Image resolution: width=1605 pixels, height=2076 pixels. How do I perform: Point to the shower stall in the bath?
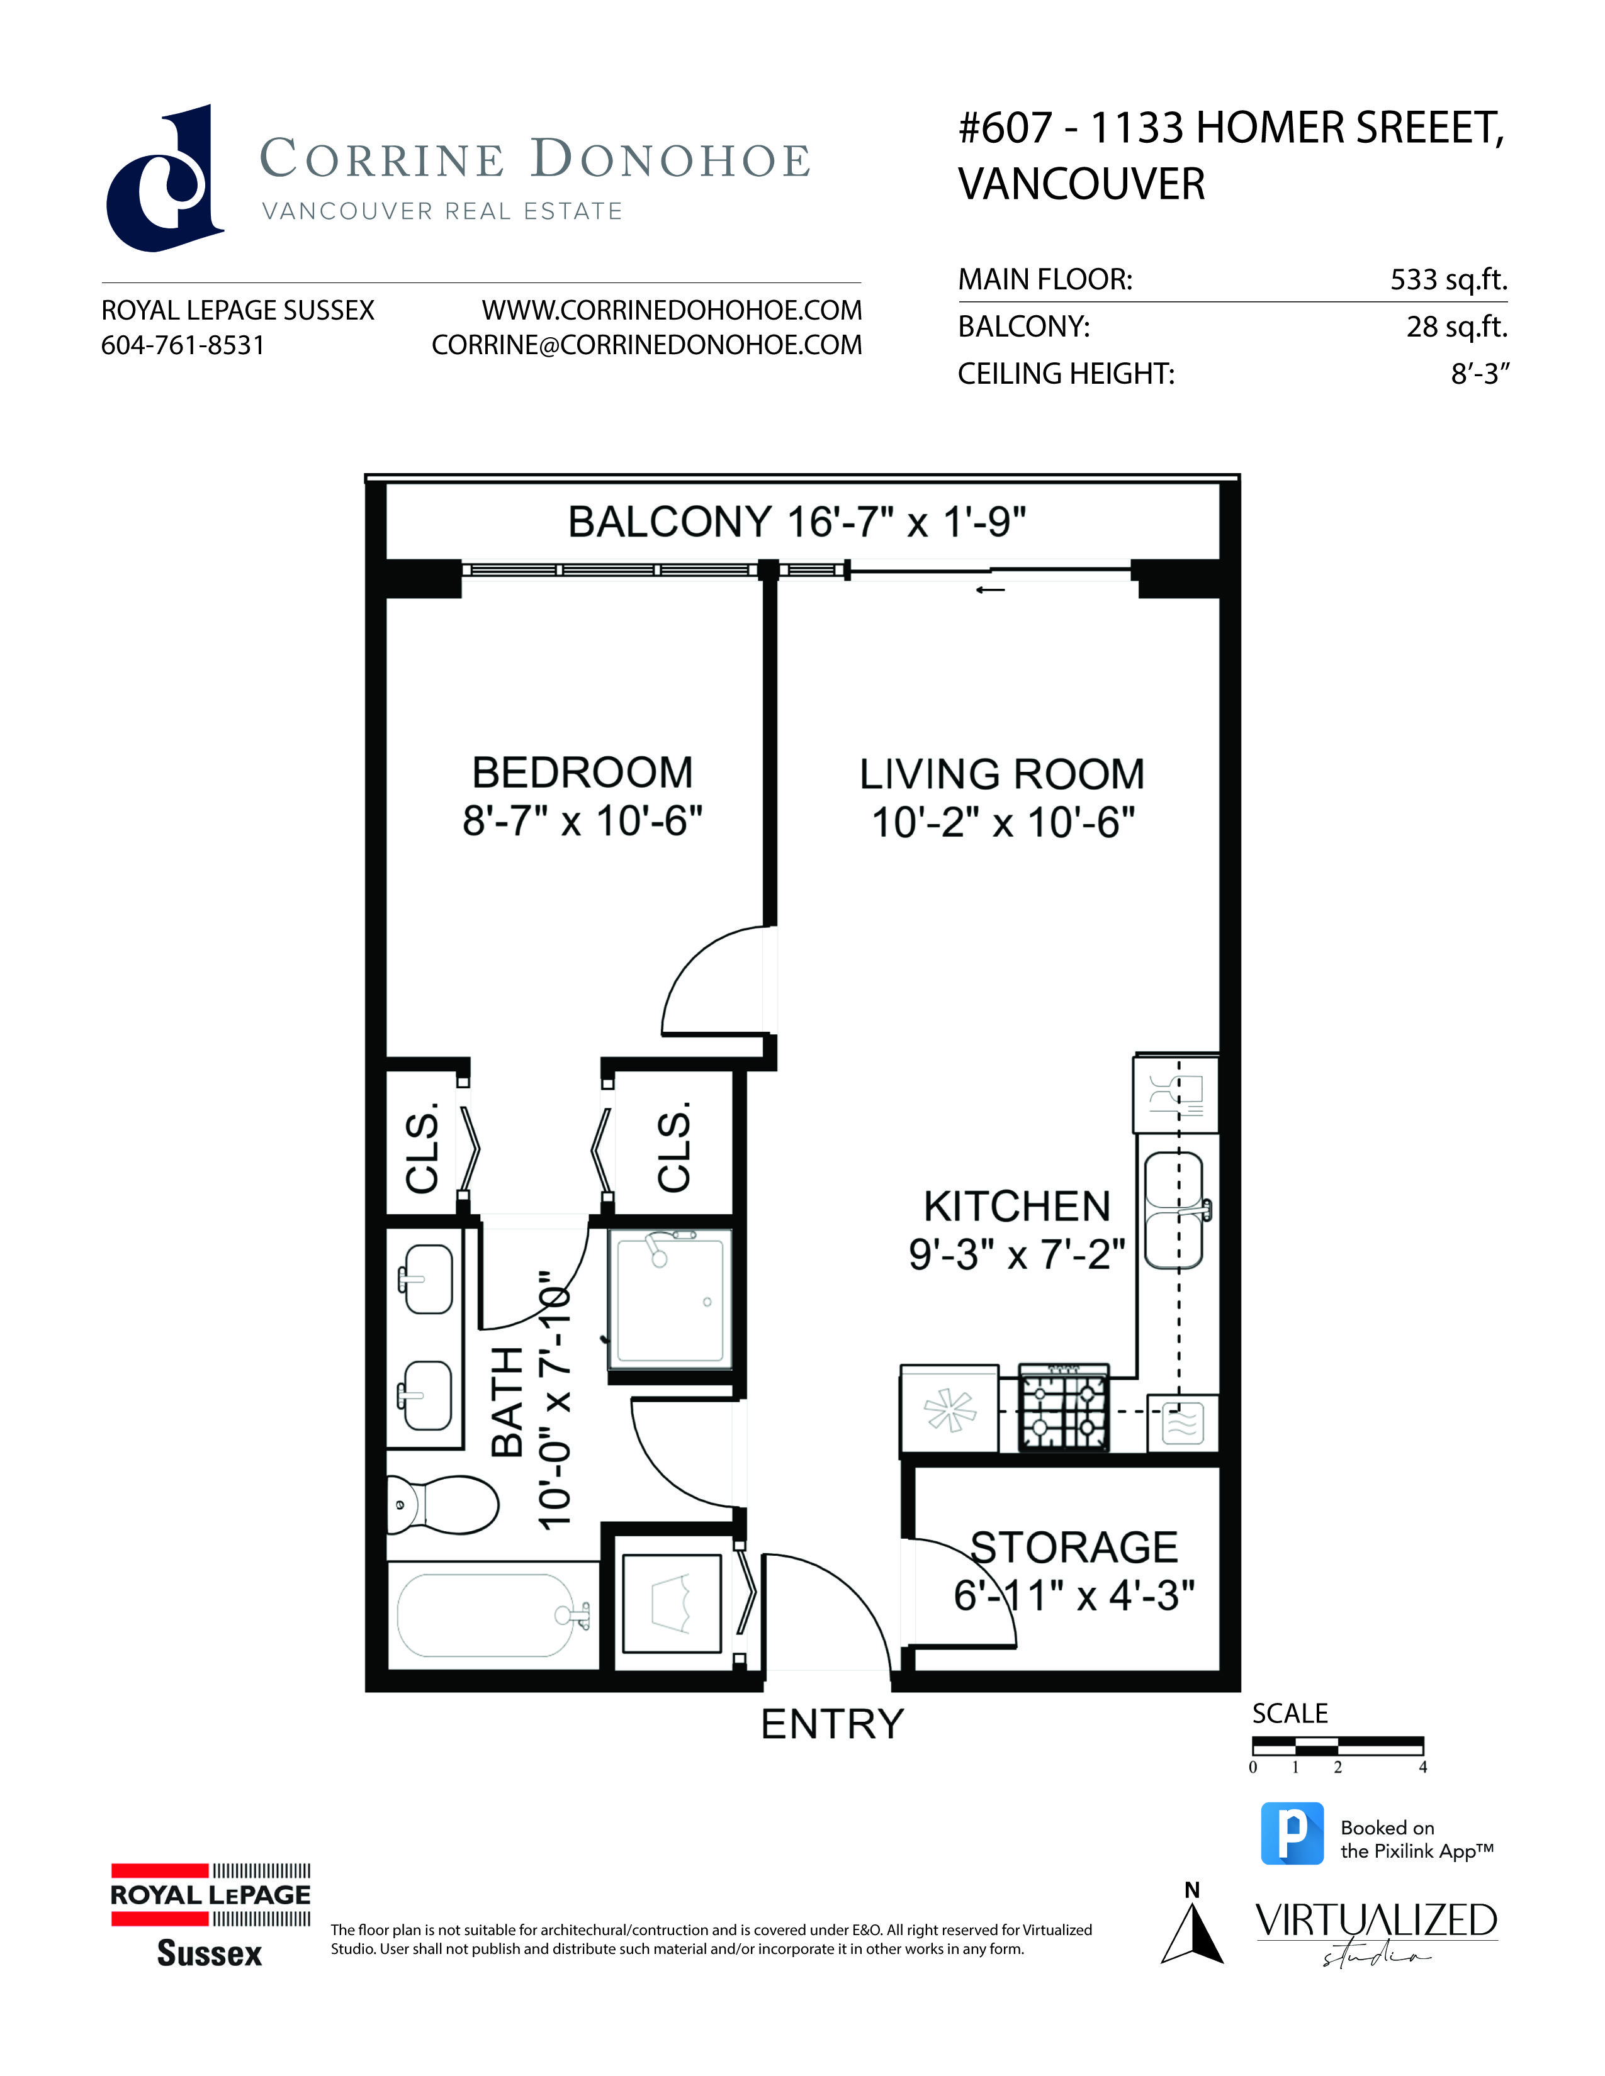[670, 1297]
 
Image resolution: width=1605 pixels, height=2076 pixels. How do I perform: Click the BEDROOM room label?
[583, 773]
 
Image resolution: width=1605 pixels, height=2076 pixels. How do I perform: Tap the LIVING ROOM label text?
[1002, 774]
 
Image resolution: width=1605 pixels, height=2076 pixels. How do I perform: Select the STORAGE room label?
[1074, 1548]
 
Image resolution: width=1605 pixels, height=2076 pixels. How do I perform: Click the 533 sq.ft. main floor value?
[1449, 279]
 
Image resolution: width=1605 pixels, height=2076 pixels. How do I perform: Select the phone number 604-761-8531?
[183, 345]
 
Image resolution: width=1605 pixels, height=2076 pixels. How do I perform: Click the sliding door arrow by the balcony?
[991, 590]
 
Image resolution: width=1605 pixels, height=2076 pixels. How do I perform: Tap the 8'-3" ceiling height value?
[1480, 374]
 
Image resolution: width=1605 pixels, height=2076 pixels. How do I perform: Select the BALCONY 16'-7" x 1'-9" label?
[797, 522]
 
